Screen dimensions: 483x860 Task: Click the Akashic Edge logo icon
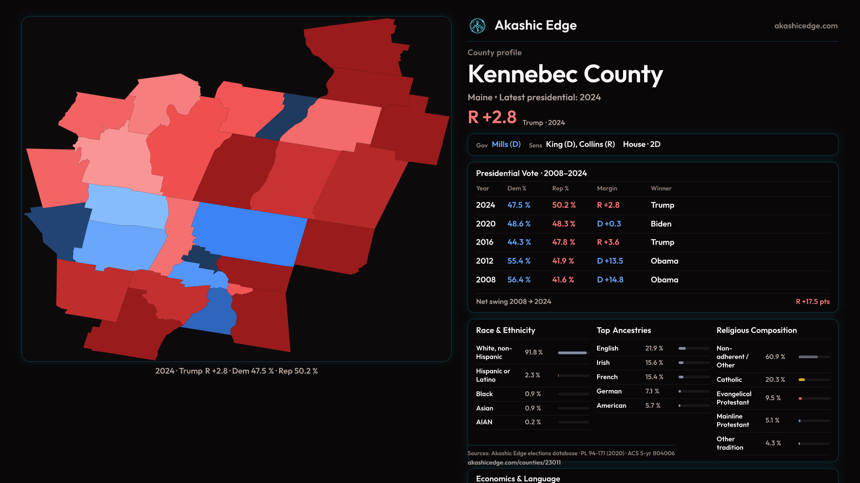[x=477, y=26]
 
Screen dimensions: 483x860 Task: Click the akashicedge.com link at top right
[x=806, y=26]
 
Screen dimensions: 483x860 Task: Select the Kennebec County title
[x=565, y=74]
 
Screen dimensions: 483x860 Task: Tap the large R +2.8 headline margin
[x=492, y=117]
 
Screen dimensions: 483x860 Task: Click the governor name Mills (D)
[x=506, y=144]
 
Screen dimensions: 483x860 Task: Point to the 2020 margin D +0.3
[x=609, y=224]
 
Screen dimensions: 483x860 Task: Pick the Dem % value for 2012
[x=519, y=261]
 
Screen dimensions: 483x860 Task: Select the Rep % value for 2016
[x=563, y=242]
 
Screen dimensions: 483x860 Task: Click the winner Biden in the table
[x=661, y=224]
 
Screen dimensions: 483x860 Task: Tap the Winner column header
[x=661, y=188]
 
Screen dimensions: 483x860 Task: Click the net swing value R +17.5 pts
[x=813, y=301]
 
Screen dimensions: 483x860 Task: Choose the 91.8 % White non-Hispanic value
[x=533, y=352]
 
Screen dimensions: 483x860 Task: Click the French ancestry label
[x=607, y=377]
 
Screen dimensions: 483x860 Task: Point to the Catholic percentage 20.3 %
[x=775, y=379]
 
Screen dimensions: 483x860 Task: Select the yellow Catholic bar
[x=802, y=380]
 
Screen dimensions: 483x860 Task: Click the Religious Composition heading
[x=757, y=330]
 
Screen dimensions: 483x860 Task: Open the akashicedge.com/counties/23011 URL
[x=514, y=462]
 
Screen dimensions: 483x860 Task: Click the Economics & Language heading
[x=518, y=479]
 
